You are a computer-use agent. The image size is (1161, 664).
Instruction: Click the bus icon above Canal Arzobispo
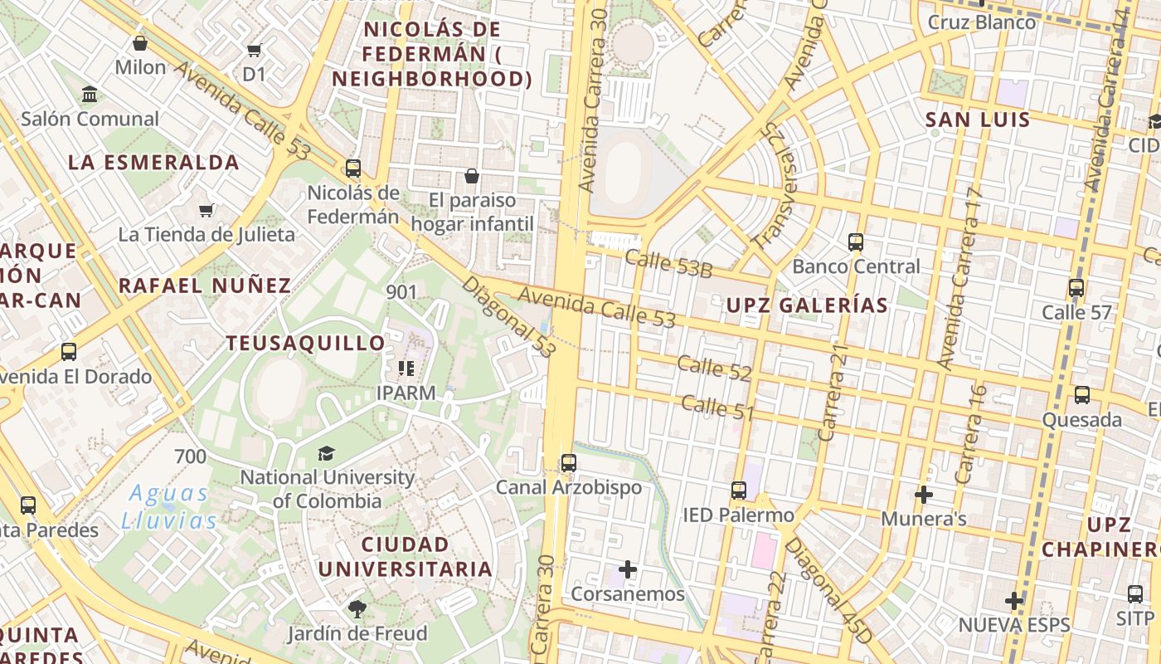[x=568, y=463]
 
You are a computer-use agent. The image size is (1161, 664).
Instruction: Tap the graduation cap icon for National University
[x=326, y=453]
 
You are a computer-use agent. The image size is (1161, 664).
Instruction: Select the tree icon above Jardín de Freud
[x=357, y=609]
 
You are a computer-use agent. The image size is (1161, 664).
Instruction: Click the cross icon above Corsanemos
[x=628, y=569]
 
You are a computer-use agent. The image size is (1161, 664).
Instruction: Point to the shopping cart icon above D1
[x=255, y=50]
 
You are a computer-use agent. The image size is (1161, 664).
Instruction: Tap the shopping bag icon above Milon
[x=140, y=43]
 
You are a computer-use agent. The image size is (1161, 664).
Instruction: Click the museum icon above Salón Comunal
[x=90, y=95]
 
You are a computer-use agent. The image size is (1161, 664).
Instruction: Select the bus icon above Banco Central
[x=856, y=242]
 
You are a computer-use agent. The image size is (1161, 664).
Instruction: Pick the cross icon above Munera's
[x=924, y=495]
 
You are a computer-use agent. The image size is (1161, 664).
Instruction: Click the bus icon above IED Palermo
[x=739, y=491]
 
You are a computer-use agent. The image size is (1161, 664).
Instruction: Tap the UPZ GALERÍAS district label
[x=807, y=305]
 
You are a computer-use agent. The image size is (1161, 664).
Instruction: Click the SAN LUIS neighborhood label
[x=978, y=120]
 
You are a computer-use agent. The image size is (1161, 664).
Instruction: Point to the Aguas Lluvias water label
[x=169, y=507]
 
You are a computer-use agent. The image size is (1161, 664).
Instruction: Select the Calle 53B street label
[x=669, y=264]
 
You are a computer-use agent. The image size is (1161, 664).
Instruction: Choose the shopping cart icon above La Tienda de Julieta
[x=206, y=210]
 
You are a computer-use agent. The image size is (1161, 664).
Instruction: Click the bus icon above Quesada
[x=1082, y=395]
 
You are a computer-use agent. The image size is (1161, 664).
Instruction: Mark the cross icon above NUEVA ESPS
[x=1014, y=600]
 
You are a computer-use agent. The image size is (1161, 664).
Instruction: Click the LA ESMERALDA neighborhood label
[x=154, y=163]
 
